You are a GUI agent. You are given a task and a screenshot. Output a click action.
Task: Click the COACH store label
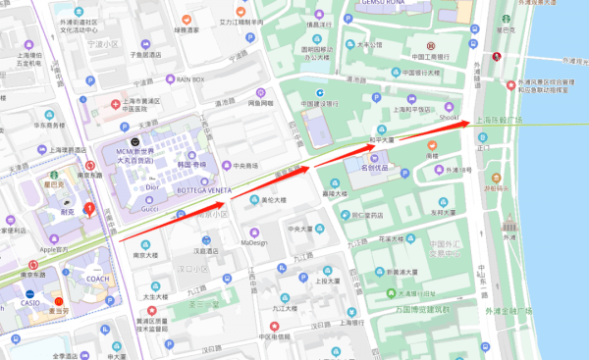97,277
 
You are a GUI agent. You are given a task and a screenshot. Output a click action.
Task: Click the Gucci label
149,208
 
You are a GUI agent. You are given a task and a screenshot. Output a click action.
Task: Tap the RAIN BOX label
189,78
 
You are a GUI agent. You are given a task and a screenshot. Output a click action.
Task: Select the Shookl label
449,118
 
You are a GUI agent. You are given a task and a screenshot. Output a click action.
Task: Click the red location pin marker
90,208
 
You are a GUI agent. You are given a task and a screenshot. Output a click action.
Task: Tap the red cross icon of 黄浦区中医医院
116,102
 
